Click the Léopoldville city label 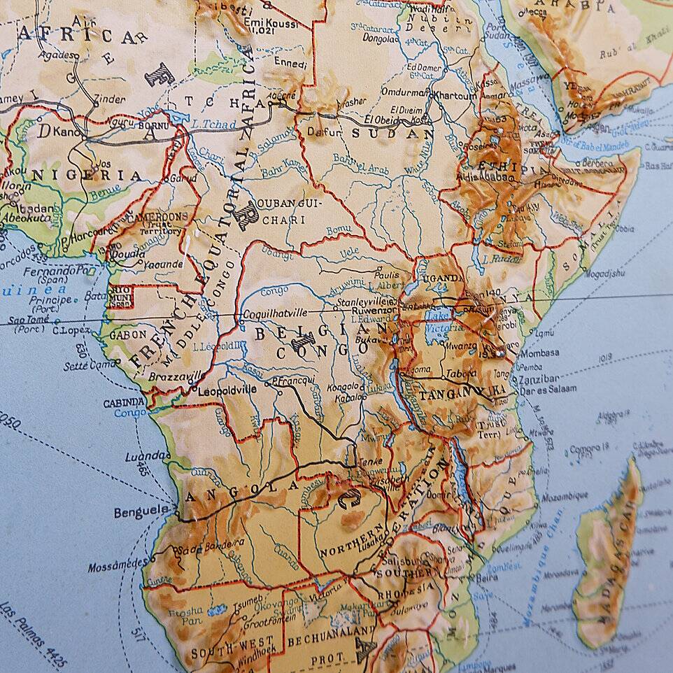tap(227, 389)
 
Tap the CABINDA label tap(124, 403)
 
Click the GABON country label tap(127, 334)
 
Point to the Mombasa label tap(539, 353)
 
